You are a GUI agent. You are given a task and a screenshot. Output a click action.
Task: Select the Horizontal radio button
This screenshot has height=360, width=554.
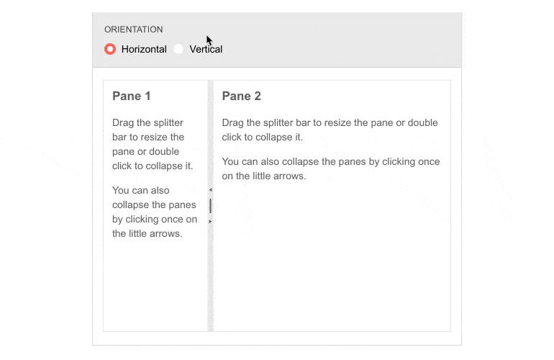110,49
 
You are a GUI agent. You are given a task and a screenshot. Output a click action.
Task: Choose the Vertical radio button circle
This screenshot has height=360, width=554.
178,49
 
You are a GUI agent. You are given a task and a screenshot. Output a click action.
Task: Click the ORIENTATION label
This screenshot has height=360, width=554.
133,30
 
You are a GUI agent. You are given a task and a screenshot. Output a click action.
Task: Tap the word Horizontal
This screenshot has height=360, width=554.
144,49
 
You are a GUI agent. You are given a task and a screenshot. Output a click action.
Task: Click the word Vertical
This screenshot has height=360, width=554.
206,49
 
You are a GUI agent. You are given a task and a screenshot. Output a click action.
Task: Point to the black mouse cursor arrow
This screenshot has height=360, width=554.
209,40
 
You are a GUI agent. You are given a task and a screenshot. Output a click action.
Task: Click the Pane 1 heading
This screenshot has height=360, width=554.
132,96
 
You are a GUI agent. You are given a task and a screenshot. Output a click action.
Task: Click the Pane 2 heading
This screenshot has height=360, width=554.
241,96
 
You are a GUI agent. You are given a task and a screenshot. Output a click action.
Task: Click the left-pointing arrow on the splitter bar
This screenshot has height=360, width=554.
210,189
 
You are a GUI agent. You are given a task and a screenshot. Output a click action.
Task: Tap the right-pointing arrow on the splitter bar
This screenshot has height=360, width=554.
210,222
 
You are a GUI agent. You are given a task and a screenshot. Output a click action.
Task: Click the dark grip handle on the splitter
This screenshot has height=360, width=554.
210,206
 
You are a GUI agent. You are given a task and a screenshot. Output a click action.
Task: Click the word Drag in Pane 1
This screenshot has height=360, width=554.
124,122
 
